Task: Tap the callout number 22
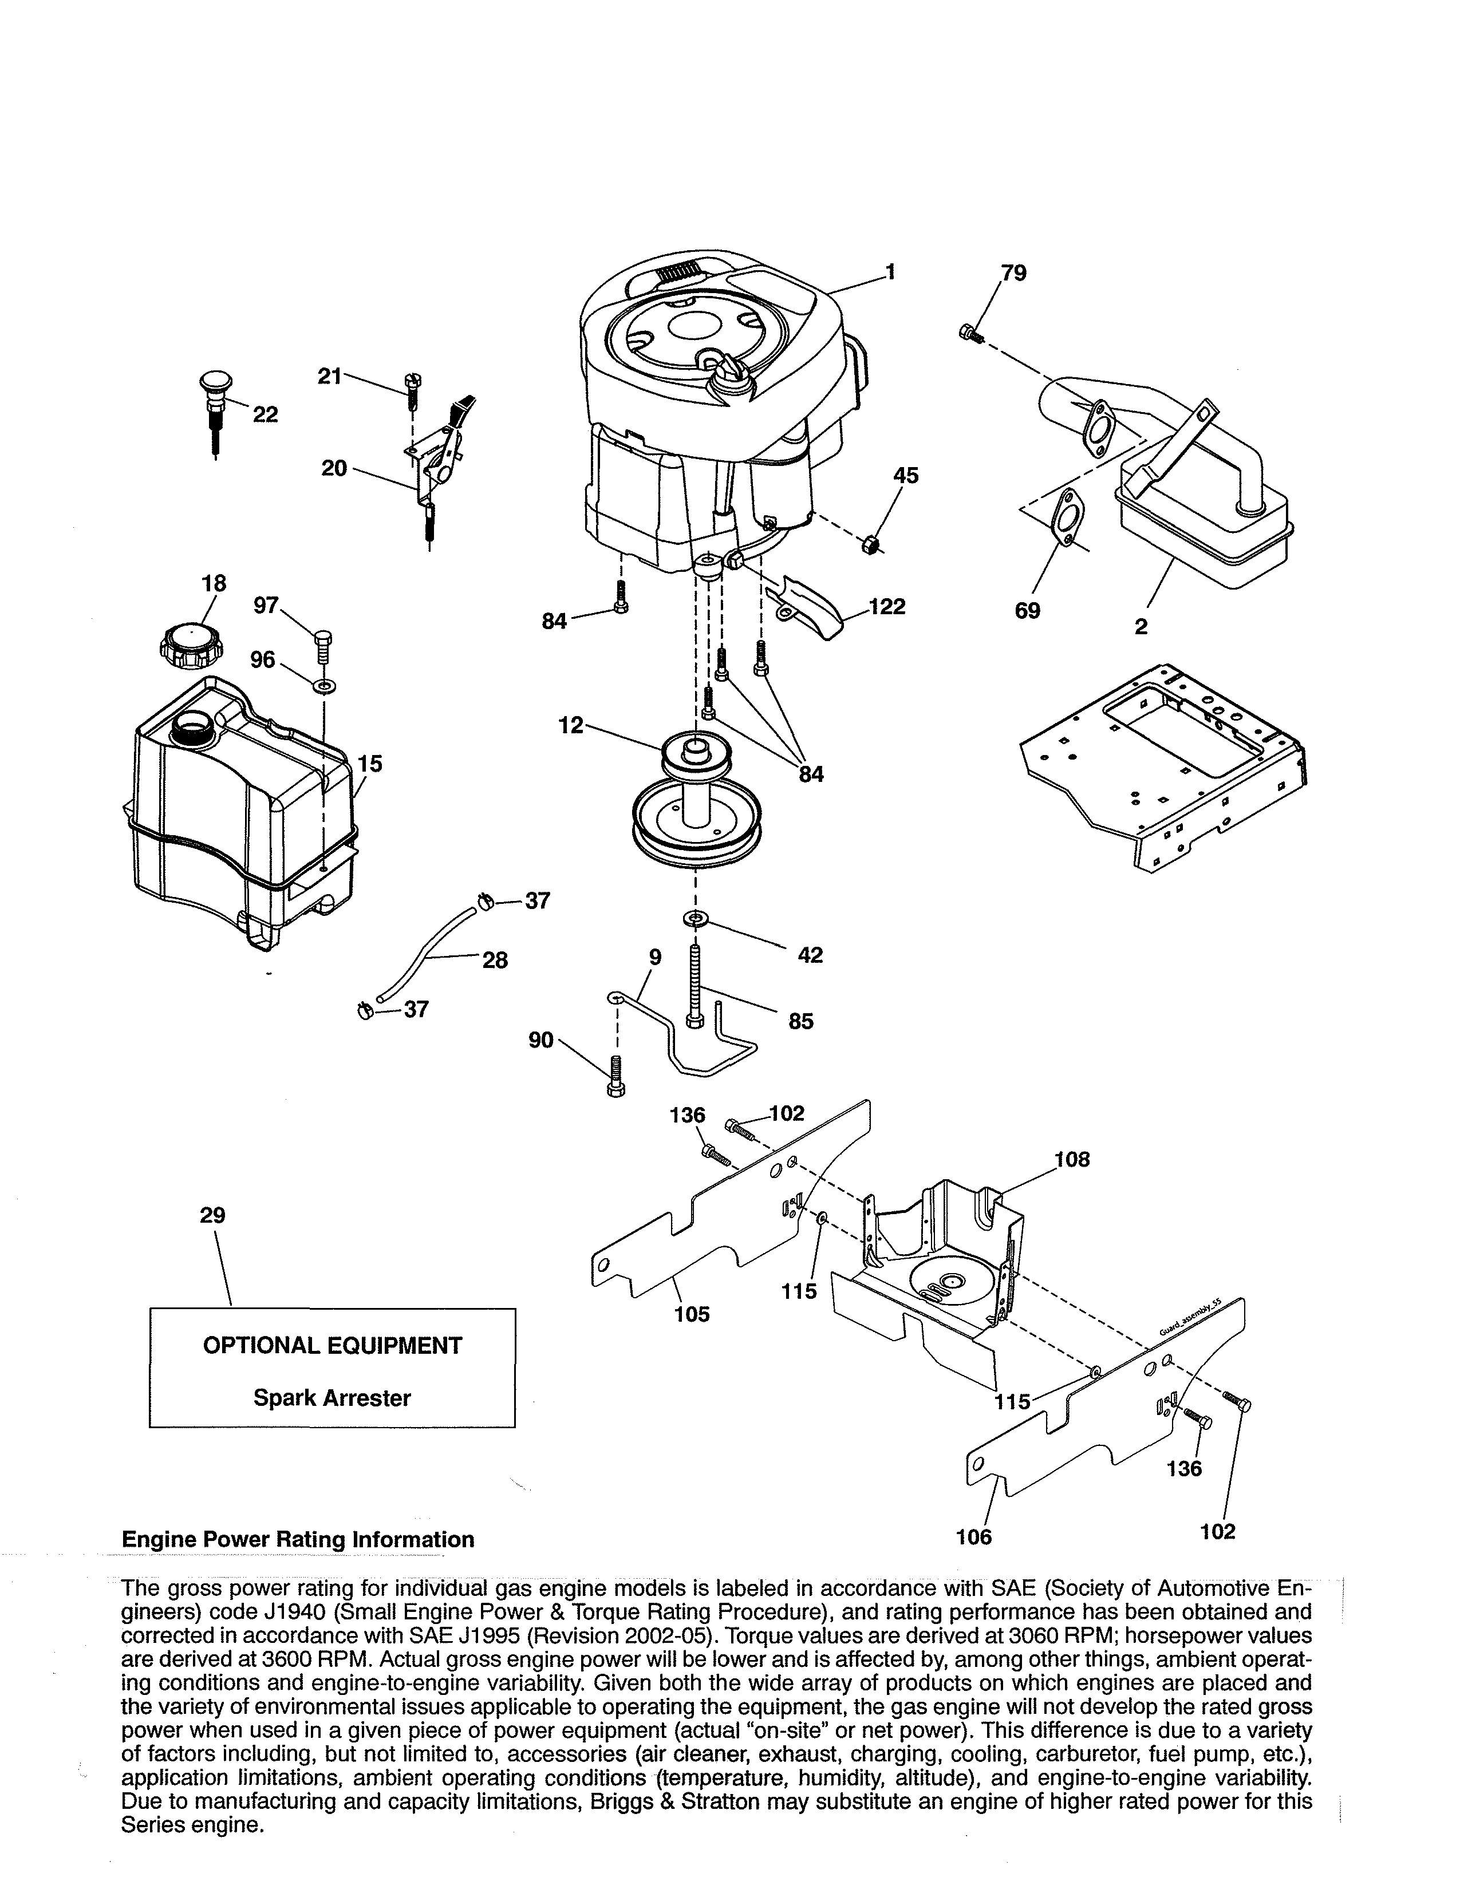(x=266, y=415)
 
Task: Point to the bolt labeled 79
(x=969, y=332)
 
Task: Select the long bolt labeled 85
(x=695, y=986)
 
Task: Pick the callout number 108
(x=1072, y=1159)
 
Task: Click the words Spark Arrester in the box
(x=332, y=1398)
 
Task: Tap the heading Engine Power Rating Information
(x=298, y=1540)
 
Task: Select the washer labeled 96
(x=325, y=687)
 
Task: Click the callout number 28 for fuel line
(x=495, y=960)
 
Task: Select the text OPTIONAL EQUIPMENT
(x=332, y=1345)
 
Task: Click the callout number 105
(x=692, y=1315)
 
